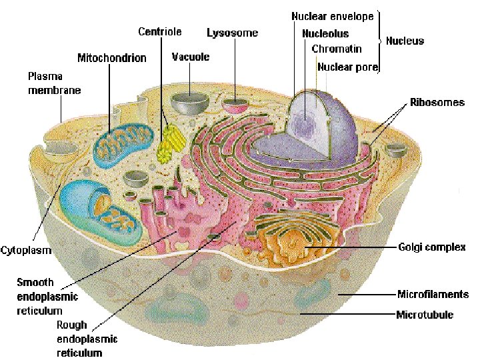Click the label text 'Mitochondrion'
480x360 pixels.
pos(111,58)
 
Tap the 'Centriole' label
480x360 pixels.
pos(160,31)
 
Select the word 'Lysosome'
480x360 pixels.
pos(232,33)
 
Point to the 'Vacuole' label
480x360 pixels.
pos(191,57)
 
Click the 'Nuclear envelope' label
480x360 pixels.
pos(332,16)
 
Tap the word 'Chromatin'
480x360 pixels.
pos(337,49)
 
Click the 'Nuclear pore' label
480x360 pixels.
pos(348,67)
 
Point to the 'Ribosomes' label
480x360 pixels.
pos(437,103)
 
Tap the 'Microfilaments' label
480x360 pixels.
pos(433,294)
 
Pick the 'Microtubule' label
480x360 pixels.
pos(425,314)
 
